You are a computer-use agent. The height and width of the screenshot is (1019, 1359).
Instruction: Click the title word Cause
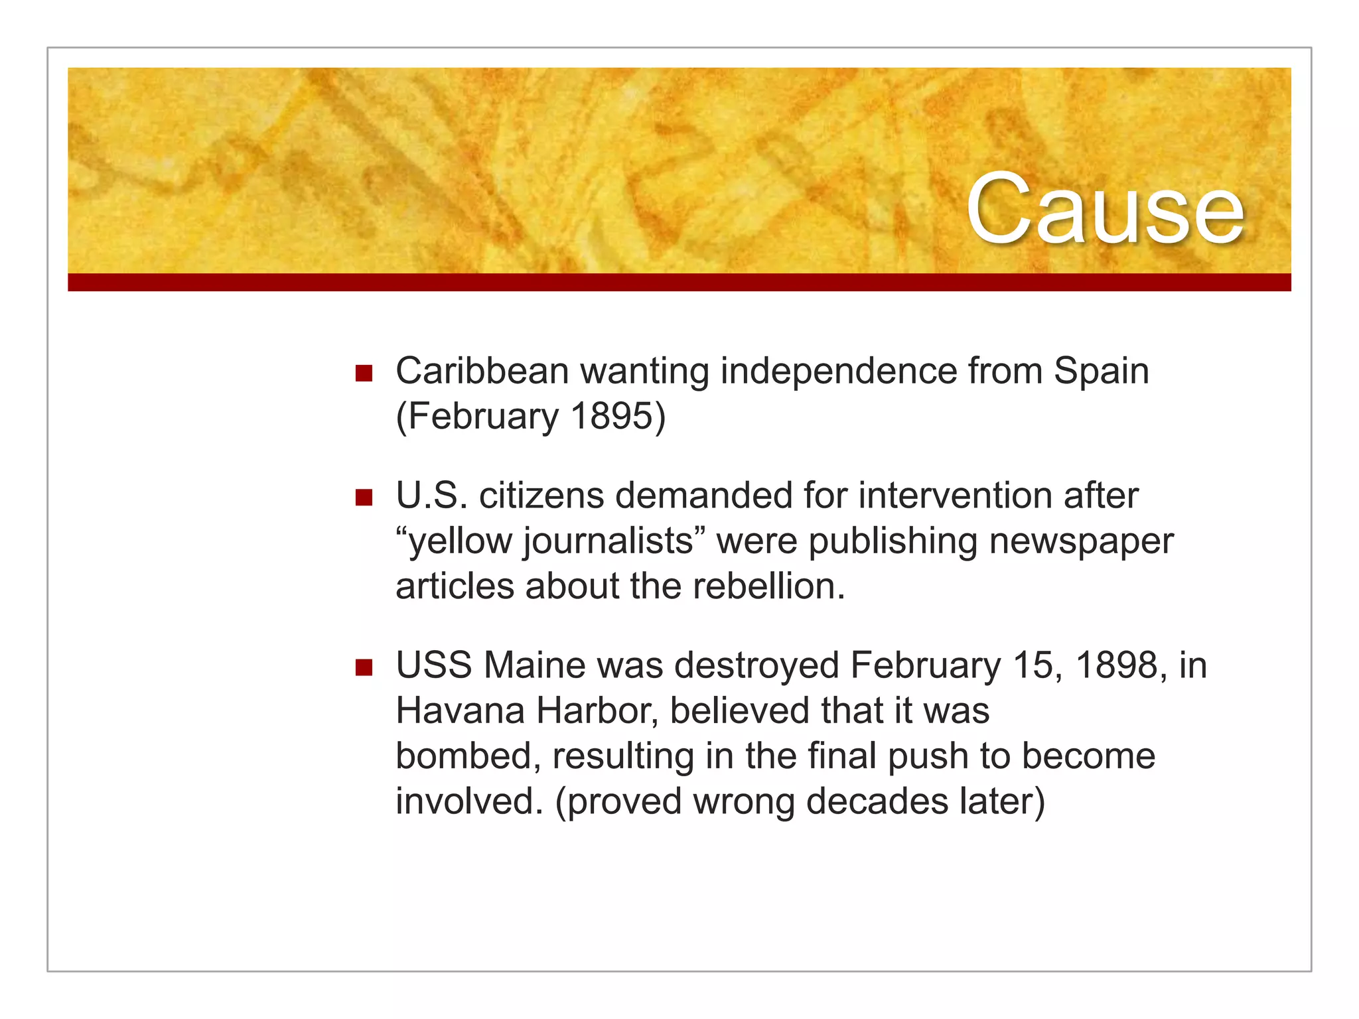[x=1104, y=208]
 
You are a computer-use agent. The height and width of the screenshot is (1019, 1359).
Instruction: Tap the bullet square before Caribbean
[x=364, y=373]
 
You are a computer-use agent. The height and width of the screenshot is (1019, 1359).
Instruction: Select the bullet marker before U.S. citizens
[x=364, y=498]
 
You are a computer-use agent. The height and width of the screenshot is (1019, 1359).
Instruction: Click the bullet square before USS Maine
[x=364, y=667]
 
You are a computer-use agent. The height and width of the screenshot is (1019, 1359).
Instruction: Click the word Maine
[x=535, y=665]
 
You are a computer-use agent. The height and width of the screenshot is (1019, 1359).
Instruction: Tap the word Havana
[x=461, y=711]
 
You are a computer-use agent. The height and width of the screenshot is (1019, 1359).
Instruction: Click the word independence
[x=839, y=372]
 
